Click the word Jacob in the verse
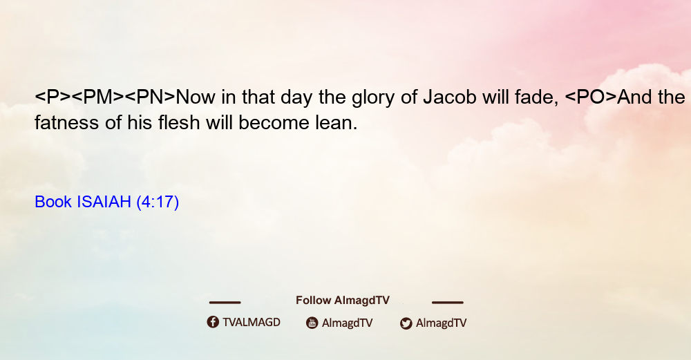click(450, 97)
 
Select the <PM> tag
click(98, 97)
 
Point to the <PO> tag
click(591, 97)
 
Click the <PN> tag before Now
click(150, 97)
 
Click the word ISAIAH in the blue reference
click(104, 202)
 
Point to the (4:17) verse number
click(158, 202)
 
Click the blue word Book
click(53, 202)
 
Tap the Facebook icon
click(213, 322)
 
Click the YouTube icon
click(312, 323)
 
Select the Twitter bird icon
click(406, 323)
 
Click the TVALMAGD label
click(252, 322)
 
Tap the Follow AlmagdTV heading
click(343, 300)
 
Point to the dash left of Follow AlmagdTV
click(225, 302)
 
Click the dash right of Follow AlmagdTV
click(448, 302)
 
